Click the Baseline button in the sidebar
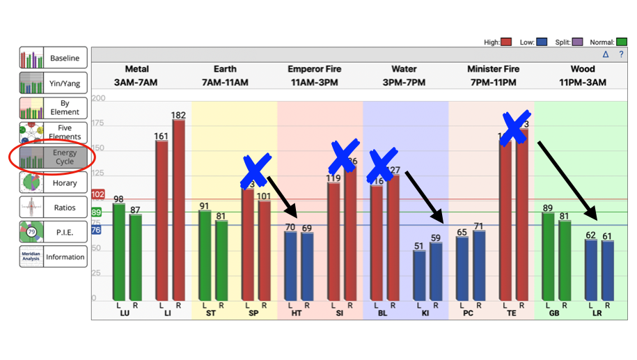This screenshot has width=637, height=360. [x=54, y=58]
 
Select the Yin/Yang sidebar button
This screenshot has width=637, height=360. [x=54, y=83]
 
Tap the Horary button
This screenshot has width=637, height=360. [x=54, y=182]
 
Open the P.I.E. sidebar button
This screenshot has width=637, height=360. [x=54, y=232]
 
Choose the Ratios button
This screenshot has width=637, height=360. [x=54, y=208]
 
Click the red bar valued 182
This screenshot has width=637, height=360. [x=179, y=209]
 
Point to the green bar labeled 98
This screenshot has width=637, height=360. [x=119, y=251]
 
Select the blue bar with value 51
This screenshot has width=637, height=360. [x=419, y=275]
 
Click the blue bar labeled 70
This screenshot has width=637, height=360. [x=291, y=265]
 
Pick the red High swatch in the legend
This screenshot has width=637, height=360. [x=507, y=42]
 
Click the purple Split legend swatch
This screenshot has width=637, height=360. [x=577, y=42]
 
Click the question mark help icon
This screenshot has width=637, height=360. [x=621, y=54]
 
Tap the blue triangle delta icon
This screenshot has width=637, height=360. [x=606, y=54]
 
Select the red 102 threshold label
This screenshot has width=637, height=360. [x=97, y=194]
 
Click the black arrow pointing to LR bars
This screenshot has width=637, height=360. [x=567, y=178]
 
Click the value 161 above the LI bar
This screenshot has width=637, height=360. [x=162, y=136]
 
